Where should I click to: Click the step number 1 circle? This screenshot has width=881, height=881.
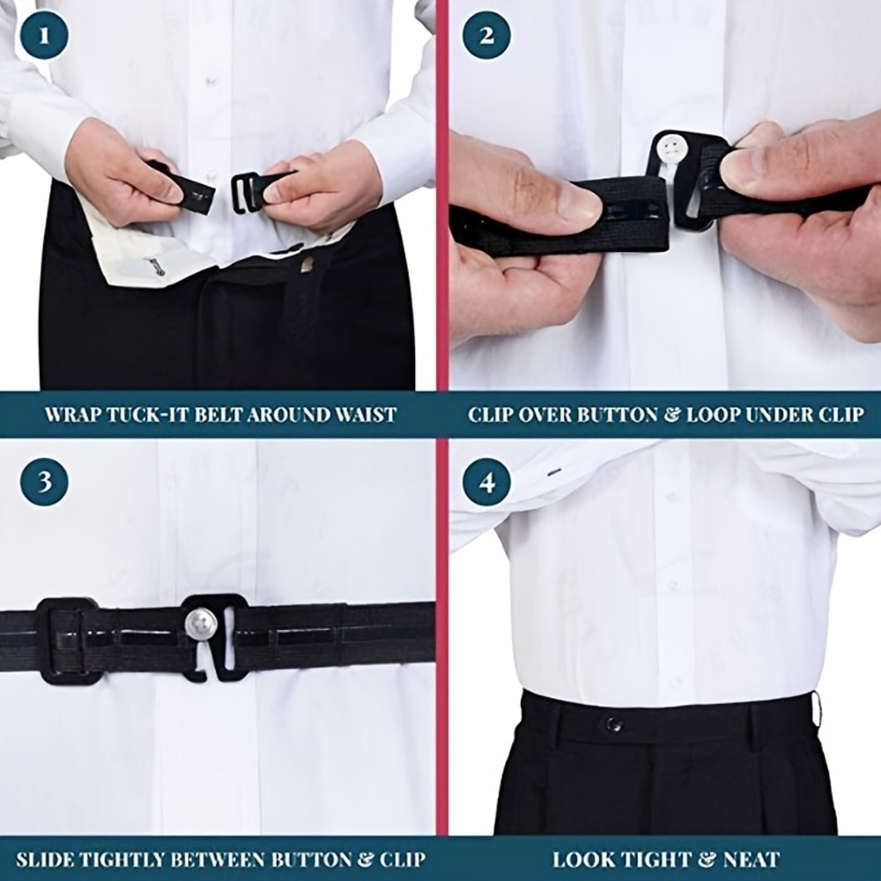point(45,39)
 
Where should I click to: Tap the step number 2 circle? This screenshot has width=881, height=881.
point(486,39)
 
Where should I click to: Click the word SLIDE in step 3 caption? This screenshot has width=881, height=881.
point(45,859)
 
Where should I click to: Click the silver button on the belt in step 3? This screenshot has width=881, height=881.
point(201,624)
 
